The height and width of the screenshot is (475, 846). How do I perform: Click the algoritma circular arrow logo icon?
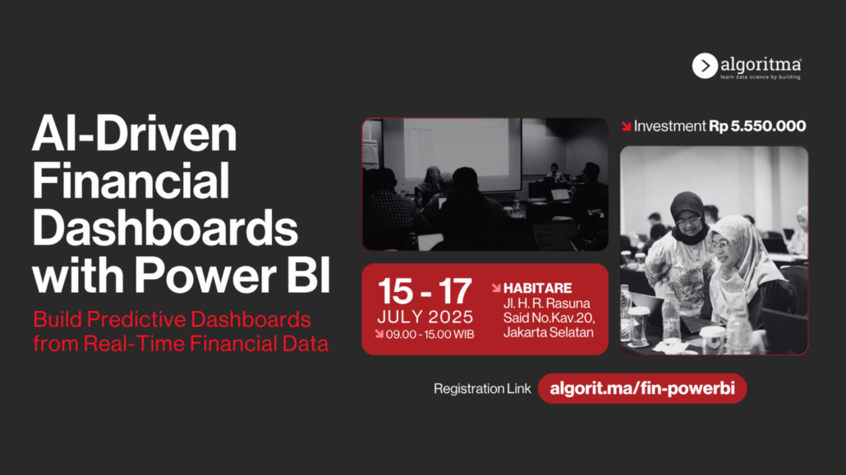[x=705, y=66]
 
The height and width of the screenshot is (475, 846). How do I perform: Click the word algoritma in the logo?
[x=761, y=65]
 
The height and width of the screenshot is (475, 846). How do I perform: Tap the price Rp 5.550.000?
[x=757, y=126]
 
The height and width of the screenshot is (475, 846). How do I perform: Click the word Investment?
[x=669, y=126]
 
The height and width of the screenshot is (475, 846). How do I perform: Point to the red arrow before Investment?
[x=626, y=126]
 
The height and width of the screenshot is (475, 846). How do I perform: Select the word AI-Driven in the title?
[x=135, y=134]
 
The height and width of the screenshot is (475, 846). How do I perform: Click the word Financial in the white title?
[x=131, y=181]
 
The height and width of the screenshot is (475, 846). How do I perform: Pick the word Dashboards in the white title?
[x=165, y=228]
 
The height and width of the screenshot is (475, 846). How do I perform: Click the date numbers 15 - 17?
[x=425, y=291]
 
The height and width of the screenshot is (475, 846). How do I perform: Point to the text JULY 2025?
[x=425, y=317]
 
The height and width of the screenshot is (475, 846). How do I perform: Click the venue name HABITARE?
[x=537, y=289]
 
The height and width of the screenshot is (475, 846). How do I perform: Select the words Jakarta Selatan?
[x=548, y=332]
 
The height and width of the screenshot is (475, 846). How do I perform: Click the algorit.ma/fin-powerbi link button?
[x=642, y=388]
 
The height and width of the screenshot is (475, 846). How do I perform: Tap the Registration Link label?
[x=482, y=389]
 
